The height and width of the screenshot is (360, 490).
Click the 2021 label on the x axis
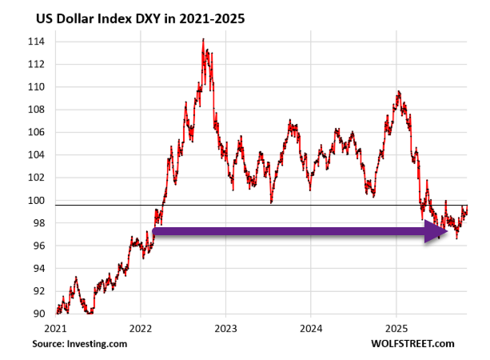point(56,328)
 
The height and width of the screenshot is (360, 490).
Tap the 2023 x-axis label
point(225,328)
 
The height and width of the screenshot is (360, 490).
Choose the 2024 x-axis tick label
point(311,328)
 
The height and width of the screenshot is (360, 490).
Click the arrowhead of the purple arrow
point(436,231)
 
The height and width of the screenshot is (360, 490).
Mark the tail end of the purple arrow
point(153,231)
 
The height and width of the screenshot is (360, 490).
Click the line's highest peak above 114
point(203,39)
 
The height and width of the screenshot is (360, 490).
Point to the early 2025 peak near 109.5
point(398,92)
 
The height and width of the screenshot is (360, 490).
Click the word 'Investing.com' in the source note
point(103,344)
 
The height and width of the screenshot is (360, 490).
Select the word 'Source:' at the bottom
point(49,344)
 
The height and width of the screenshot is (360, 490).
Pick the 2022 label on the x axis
point(141,328)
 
